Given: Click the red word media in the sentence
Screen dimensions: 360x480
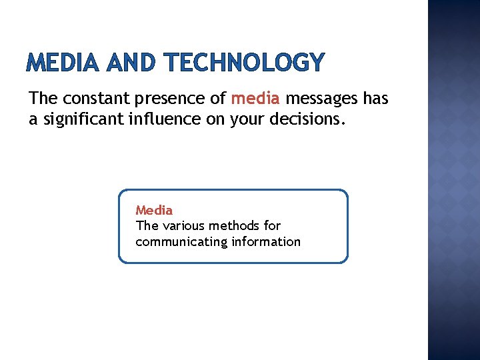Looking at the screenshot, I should (255, 99).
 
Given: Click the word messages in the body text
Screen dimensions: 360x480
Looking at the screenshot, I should (323, 99).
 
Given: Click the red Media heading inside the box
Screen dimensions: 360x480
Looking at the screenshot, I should (154, 210).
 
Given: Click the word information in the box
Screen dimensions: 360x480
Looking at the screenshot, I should (266, 242).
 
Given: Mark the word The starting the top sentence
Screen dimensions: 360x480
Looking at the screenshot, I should (44, 99).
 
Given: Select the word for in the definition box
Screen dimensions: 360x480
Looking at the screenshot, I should (272, 226).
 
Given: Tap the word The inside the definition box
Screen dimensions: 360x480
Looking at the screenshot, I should (147, 226).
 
